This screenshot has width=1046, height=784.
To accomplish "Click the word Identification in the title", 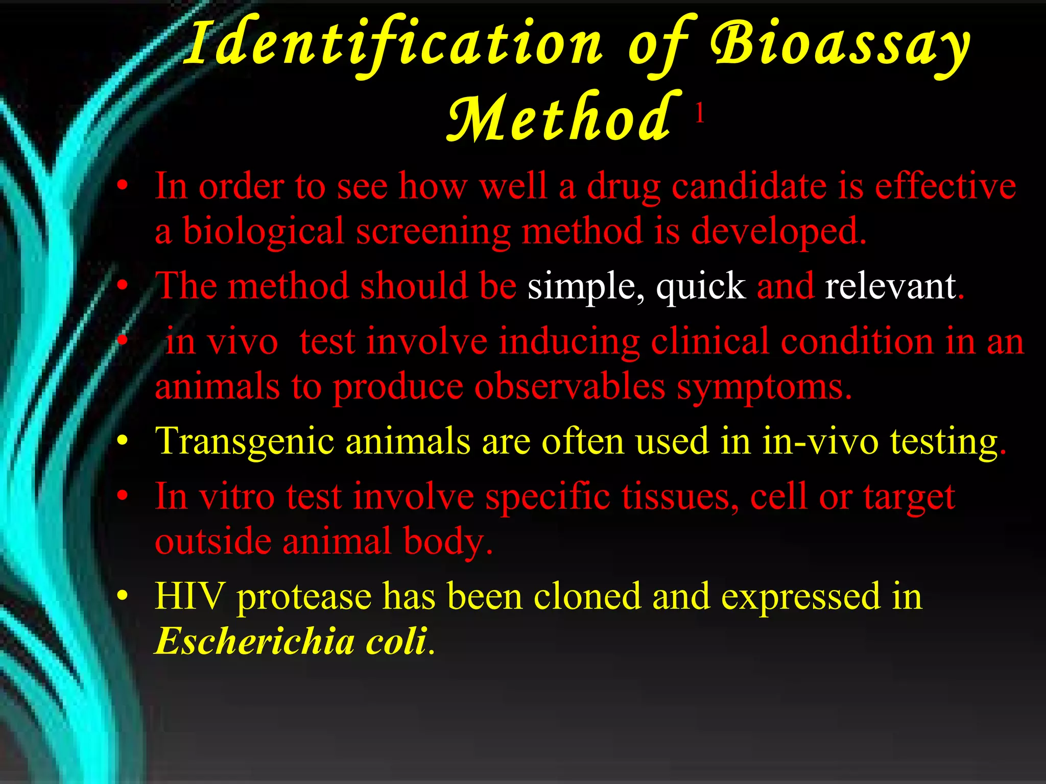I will coord(393,45).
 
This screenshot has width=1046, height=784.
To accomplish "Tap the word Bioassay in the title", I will coord(840,45).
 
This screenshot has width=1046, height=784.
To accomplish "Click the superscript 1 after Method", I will coord(700,113).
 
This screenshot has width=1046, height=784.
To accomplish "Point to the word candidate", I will coord(749,186).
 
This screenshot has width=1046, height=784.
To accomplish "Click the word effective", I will coord(945,186).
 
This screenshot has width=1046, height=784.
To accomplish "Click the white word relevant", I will coord(890,286).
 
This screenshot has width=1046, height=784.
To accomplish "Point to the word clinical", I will coord(710,341).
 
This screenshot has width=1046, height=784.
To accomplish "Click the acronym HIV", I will coord(189,596).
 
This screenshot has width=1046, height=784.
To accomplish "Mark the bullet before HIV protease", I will coord(122,596).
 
